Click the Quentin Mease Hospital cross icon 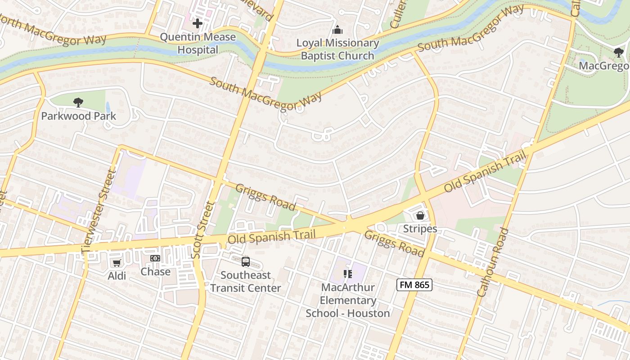coord(197,23)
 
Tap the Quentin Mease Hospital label coord(198,43)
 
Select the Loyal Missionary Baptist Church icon coord(337,30)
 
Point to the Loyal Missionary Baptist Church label coord(337,49)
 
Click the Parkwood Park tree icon coord(78,103)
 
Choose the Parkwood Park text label coord(79,116)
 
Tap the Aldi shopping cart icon coord(117,262)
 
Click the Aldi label coord(117,276)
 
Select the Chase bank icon coord(155,258)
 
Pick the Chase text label coord(155,272)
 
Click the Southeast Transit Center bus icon coord(246,261)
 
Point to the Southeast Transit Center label coord(246,281)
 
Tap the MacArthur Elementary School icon coord(348,274)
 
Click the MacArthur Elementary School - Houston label coord(348,300)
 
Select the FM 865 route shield coord(414,284)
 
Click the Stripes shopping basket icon coord(420,216)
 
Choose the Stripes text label coord(420,229)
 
